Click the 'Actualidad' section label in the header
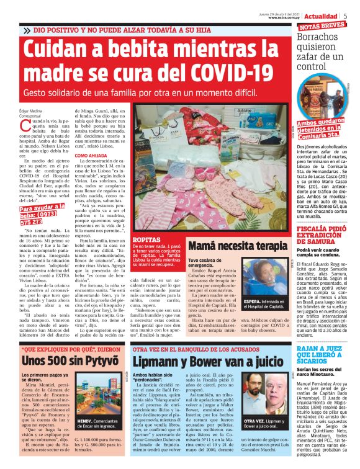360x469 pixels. tap(322, 16)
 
